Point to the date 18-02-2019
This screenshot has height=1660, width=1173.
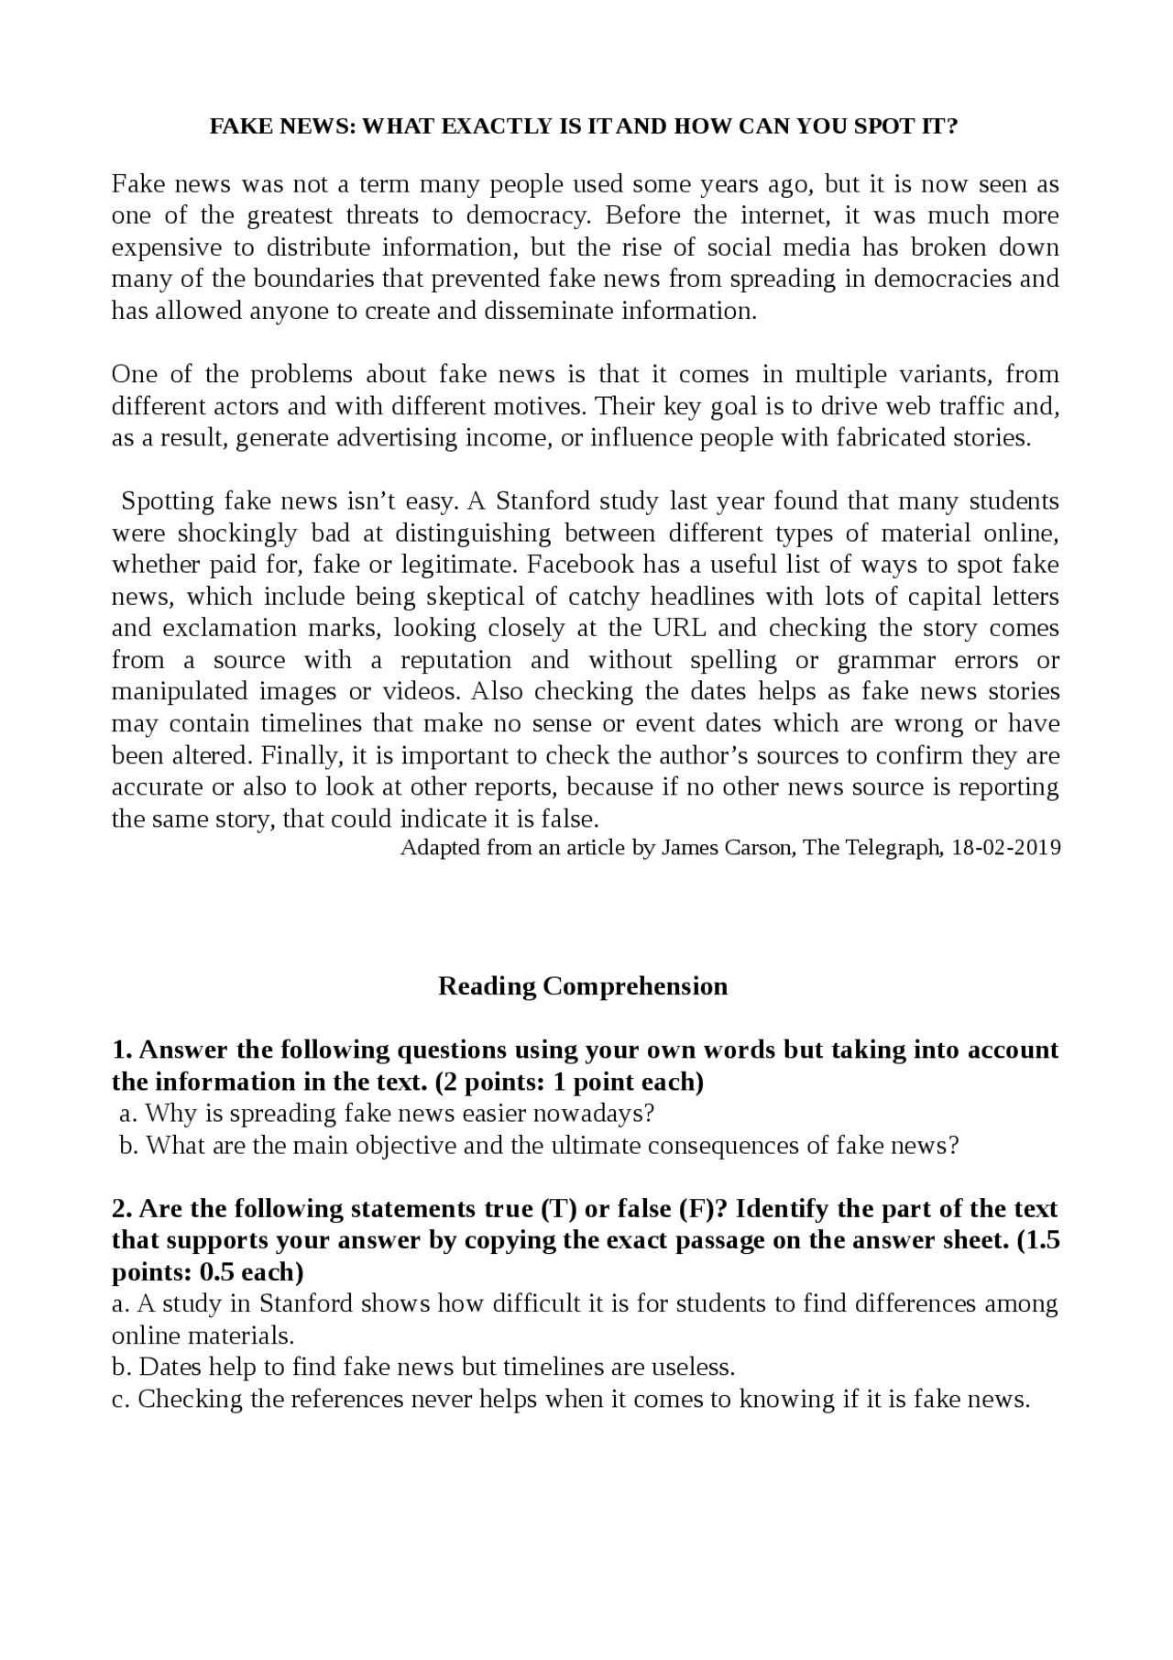(1006, 847)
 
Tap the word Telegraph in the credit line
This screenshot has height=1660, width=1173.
(891, 847)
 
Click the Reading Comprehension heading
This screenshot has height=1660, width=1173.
(583, 986)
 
